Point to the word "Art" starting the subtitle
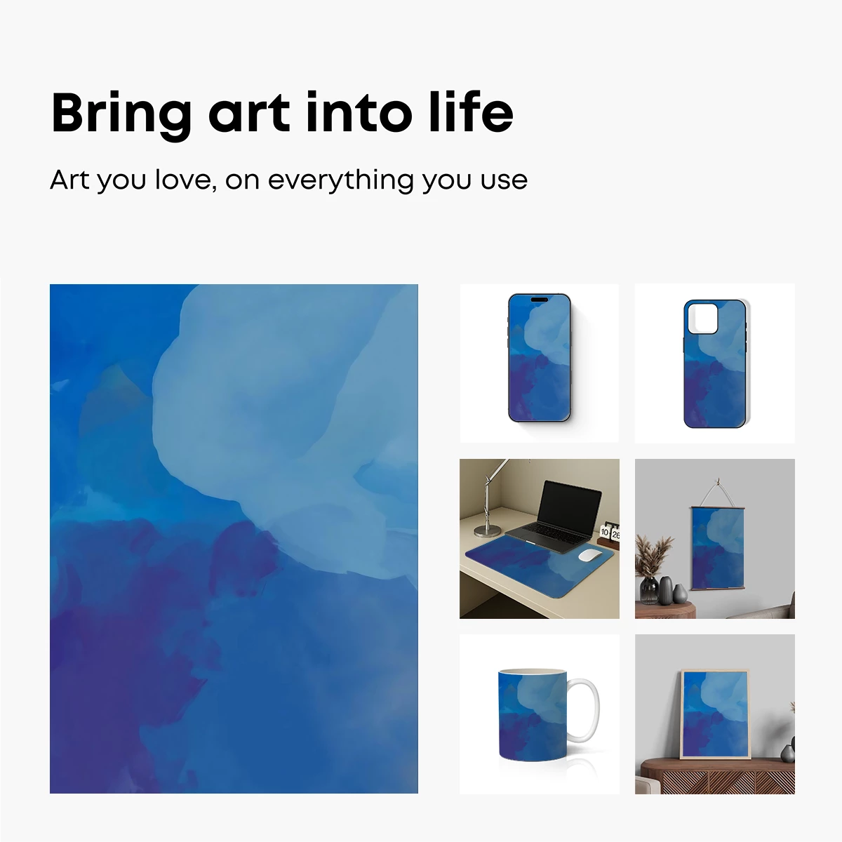[x=69, y=180]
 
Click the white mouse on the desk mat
[x=591, y=556]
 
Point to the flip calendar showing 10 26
[x=610, y=534]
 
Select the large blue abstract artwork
[x=234, y=538]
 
